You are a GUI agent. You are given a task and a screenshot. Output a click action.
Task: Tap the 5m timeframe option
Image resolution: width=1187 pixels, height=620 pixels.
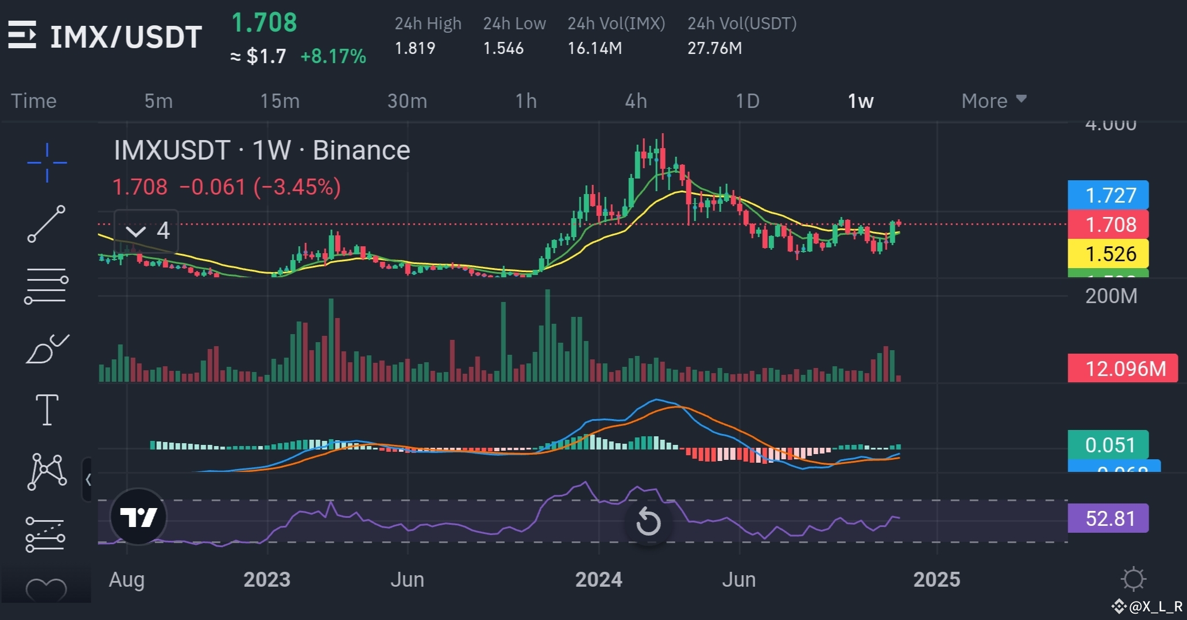(x=158, y=101)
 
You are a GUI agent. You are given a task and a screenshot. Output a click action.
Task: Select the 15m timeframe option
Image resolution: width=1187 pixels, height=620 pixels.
(x=280, y=101)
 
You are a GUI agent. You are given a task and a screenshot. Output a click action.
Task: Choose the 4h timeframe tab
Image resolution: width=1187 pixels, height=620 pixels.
(x=636, y=101)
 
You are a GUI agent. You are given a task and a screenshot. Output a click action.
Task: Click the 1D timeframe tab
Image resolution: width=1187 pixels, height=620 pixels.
(x=747, y=101)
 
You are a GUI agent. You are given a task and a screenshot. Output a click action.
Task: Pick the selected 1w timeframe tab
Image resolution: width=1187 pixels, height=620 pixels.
(x=860, y=101)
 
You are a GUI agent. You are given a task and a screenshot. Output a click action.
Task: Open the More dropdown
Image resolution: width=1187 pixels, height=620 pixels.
(x=993, y=101)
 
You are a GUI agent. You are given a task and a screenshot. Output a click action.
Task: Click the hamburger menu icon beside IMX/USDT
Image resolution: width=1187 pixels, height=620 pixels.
(x=22, y=36)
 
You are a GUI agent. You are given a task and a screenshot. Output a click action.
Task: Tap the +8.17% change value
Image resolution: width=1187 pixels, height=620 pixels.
(x=333, y=56)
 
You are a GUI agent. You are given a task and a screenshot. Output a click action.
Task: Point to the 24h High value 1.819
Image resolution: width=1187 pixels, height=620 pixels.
(x=415, y=48)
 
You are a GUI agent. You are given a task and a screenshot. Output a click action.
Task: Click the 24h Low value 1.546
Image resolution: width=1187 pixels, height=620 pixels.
(x=503, y=48)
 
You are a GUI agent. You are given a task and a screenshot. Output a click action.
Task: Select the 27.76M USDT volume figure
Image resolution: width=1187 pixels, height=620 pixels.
(x=714, y=48)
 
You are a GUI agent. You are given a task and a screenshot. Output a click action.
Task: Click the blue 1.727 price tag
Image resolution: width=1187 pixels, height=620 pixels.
(x=1108, y=195)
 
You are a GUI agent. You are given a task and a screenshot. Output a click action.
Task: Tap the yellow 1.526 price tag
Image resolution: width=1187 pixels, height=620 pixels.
(x=1108, y=254)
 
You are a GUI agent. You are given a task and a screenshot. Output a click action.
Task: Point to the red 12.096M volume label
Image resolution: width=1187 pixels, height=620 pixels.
(x=1122, y=369)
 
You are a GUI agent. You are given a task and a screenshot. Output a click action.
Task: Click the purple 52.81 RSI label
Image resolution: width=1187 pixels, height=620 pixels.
(x=1108, y=518)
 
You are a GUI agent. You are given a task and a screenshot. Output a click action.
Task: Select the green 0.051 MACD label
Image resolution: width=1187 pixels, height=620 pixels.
(x=1108, y=445)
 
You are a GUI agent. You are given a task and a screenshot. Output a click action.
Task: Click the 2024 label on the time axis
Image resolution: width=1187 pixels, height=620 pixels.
(x=598, y=579)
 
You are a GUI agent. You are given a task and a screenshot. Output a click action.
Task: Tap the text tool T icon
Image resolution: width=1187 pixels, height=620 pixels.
(x=47, y=410)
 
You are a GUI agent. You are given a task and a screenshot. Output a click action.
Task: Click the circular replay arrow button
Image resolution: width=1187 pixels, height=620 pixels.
(x=648, y=522)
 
